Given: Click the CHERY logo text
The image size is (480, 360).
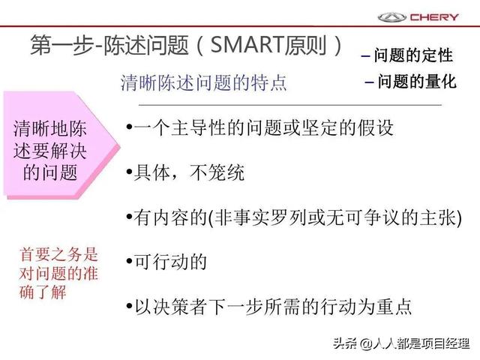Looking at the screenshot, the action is tap(434, 16).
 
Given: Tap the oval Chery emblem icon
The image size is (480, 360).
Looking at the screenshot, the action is tap(391, 17).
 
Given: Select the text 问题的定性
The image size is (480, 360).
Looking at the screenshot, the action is tap(413, 55).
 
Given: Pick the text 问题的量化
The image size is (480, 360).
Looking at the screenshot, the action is tap(417, 82).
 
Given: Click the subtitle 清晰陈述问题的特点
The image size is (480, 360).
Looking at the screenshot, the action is tap(203, 82).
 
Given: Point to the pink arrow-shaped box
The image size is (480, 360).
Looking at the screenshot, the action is tap(61, 145).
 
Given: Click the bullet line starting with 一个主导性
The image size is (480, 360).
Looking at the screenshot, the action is tap(259, 127).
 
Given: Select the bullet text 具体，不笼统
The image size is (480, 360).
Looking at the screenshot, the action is tap(185, 172).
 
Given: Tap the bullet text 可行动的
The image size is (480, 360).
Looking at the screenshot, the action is tap(166, 262).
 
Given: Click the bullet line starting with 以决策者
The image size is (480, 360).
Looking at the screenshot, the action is tap(268, 307).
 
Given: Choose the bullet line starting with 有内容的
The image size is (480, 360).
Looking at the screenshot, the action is tap(294, 217).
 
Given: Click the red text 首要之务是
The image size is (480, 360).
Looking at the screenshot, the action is tap(58, 255).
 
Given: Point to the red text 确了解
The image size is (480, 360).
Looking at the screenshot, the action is tap(43, 292).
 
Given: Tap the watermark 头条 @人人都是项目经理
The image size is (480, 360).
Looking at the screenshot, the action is tap(401, 343).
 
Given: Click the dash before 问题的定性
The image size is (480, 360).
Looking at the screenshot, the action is tap(365, 56).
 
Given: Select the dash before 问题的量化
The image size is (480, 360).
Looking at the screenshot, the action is tap(369, 82).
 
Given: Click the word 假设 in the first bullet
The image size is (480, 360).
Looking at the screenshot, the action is tap(376, 127).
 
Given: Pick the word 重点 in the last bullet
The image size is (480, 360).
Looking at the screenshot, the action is tap(394, 307).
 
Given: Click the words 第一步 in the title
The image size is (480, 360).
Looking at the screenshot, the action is tap(61, 45).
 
